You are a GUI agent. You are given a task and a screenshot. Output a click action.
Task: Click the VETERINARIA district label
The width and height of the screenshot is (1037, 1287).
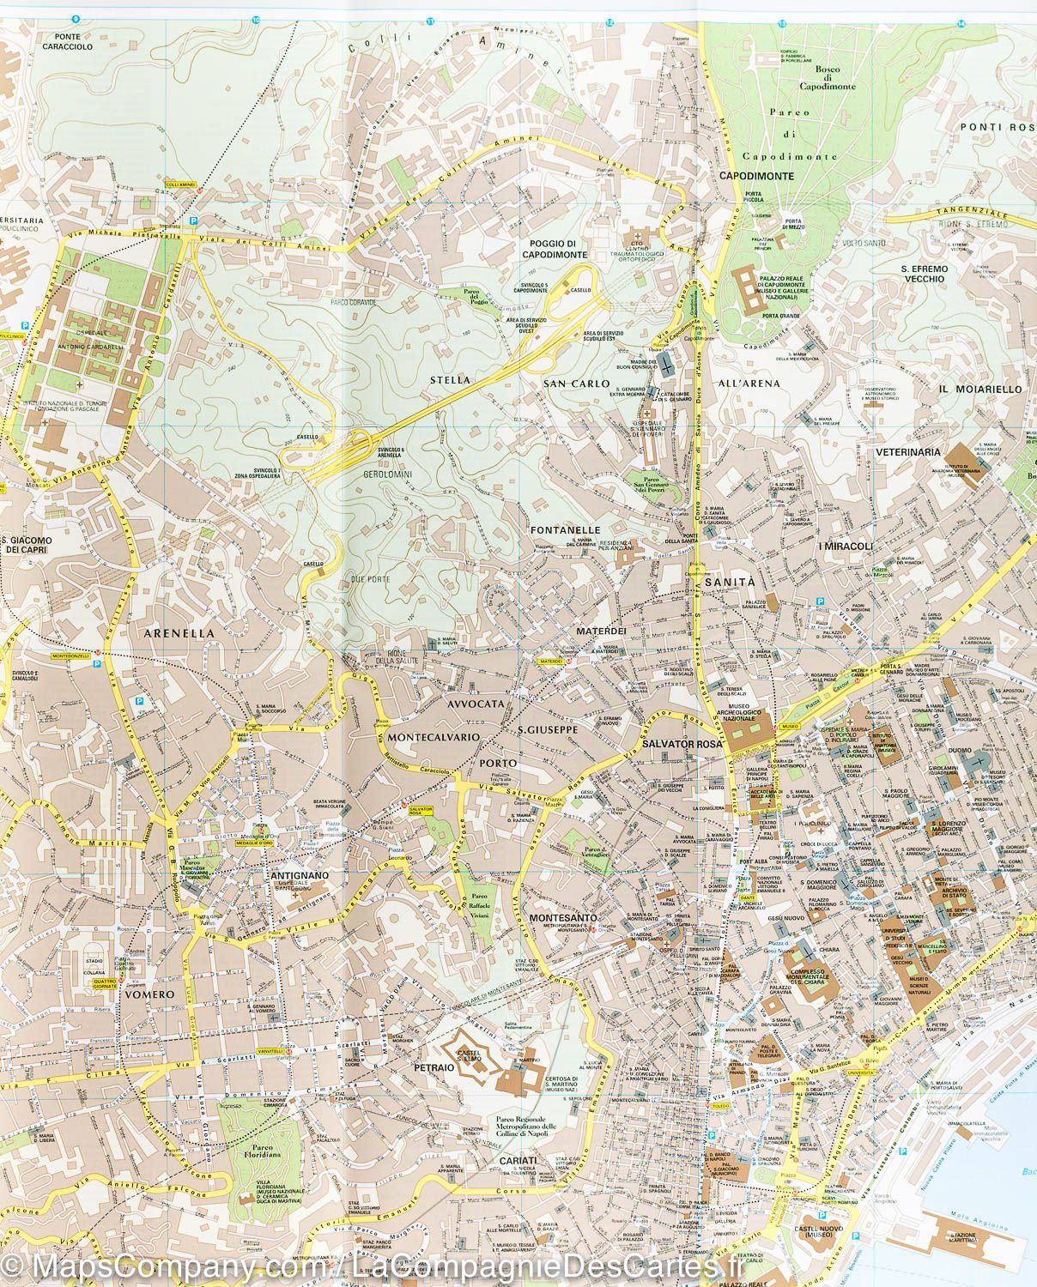click(x=908, y=451)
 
